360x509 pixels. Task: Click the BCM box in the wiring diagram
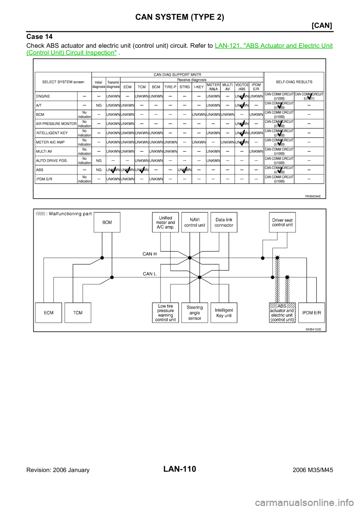click(x=107, y=222)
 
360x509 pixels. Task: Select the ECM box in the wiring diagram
click(x=48, y=313)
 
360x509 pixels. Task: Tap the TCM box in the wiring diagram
click(x=78, y=313)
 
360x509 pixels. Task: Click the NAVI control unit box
click(x=195, y=222)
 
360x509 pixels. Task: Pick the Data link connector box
click(x=224, y=222)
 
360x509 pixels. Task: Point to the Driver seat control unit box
click(x=282, y=222)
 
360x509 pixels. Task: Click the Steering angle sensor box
click(x=195, y=313)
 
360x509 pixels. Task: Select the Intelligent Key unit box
click(x=224, y=313)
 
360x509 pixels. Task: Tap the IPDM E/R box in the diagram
click(x=312, y=313)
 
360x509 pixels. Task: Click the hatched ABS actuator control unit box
click(x=282, y=313)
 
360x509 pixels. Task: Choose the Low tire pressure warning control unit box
click(x=165, y=313)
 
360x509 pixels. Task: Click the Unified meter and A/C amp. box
click(x=165, y=222)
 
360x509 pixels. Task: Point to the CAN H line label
click(x=150, y=254)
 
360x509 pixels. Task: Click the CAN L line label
click(x=150, y=274)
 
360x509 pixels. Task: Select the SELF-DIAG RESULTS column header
click(x=294, y=82)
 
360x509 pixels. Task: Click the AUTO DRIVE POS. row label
click(x=52, y=161)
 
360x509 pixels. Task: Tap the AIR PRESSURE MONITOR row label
click(x=56, y=124)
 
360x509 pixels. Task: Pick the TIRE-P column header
click(x=170, y=87)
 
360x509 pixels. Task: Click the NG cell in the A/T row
click(x=99, y=105)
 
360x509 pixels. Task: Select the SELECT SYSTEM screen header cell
click(x=63, y=82)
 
